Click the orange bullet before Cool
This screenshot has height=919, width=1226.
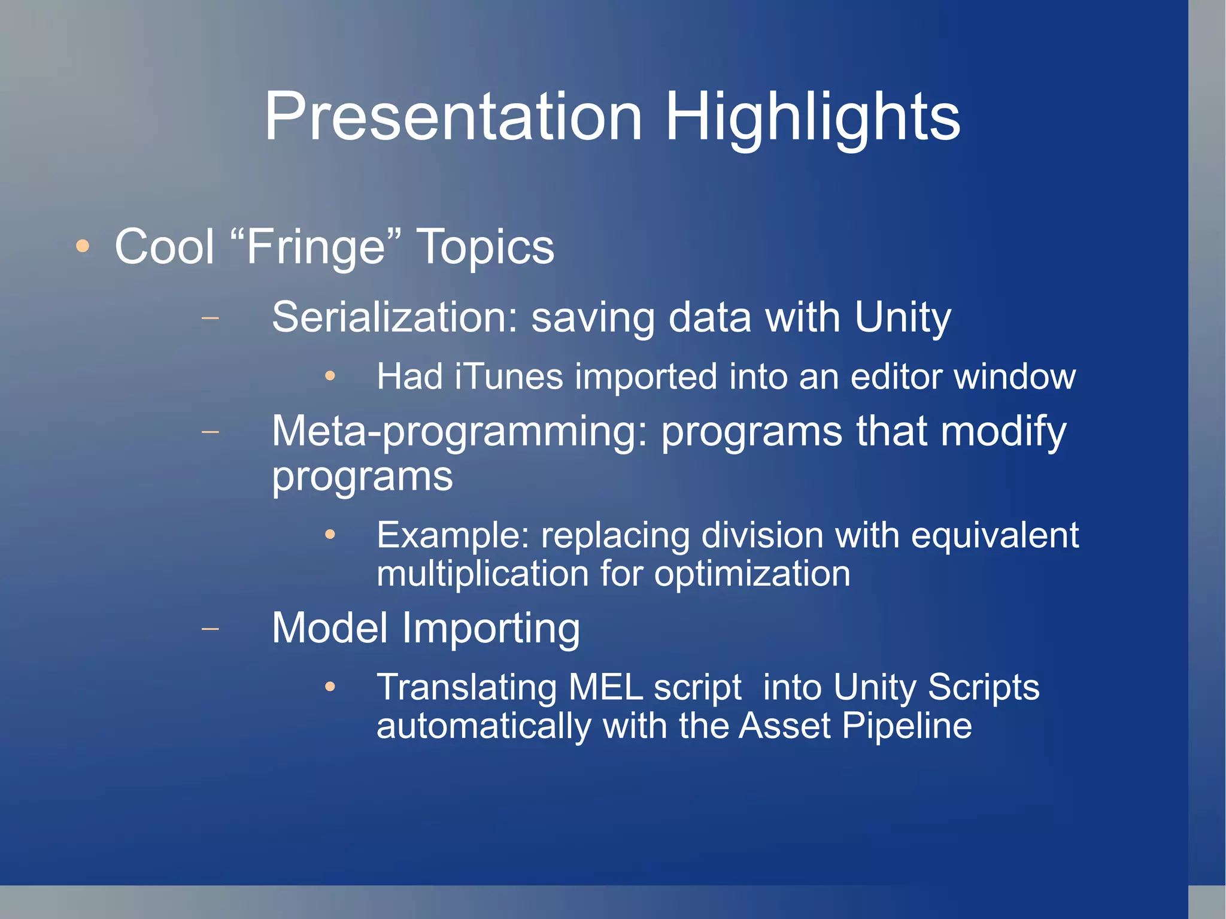pos(83,246)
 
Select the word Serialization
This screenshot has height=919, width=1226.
pos(394,317)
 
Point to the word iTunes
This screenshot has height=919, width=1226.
pos(509,377)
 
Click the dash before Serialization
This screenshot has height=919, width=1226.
pos(210,318)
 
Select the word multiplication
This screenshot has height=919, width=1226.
pos(482,574)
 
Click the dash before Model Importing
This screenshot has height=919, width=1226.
pos(210,629)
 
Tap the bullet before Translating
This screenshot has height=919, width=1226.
pos(330,687)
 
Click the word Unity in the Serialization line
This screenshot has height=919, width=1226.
pos(902,318)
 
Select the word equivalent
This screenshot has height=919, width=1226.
pos(994,535)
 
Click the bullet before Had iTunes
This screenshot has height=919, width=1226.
pos(330,377)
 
